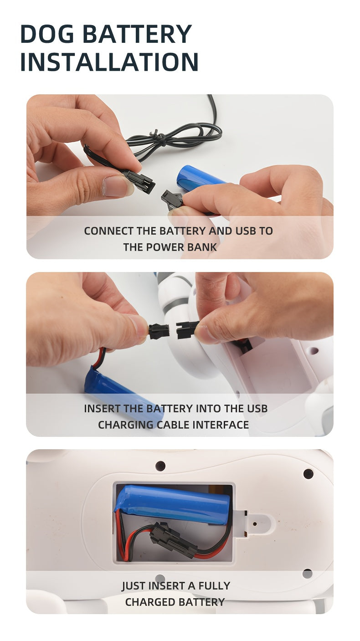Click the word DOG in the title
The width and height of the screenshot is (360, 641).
(x=47, y=34)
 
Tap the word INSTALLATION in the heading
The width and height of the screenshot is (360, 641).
(x=109, y=62)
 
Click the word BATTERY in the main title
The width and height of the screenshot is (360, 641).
(x=137, y=34)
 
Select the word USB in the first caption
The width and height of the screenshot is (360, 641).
(x=246, y=231)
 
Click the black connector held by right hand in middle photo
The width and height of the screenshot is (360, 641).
(x=186, y=329)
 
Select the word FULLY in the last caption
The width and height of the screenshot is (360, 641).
(x=214, y=586)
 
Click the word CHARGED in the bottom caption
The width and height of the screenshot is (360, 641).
(x=149, y=602)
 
